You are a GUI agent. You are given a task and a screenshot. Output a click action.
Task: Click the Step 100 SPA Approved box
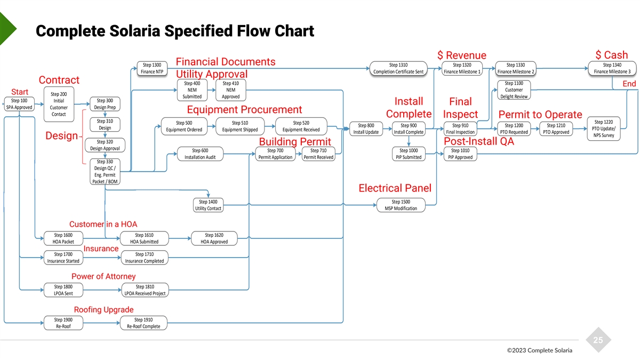click(19, 104)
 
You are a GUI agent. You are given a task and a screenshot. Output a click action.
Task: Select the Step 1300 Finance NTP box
click(152, 68)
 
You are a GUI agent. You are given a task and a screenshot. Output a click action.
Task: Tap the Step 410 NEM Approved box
click(231, 90)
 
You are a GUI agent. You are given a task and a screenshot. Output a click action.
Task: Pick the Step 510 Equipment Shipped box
click(239, 126)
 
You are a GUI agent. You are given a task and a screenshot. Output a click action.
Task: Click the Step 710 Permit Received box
click(318, 154)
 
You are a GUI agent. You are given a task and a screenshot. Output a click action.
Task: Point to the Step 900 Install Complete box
click(409, 129)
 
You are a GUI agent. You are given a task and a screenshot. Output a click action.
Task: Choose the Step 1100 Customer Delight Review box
click(514, 90)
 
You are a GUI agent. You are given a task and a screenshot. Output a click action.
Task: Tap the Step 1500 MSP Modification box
click(401, 205)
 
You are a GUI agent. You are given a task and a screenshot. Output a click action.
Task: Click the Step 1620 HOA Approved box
click(214, 238)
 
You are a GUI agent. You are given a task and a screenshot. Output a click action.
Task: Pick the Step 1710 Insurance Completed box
click(144, 258)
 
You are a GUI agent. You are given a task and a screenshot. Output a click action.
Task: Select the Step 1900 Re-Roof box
click(63, 323)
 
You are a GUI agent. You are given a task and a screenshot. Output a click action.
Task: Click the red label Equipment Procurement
click(244, 110)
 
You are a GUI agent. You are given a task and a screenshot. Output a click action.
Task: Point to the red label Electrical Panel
click(395, 188)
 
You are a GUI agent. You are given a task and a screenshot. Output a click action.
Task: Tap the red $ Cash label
click(611, 55)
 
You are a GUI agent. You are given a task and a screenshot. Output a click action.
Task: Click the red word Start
click(20, 92)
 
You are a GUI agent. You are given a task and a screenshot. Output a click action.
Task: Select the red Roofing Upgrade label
click(103, 310)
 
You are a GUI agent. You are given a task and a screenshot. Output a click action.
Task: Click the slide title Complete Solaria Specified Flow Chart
click(174, 31)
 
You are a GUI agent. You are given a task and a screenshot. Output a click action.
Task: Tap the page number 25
click(598, 341)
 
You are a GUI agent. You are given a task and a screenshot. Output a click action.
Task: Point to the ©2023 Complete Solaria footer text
click(539, 350)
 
